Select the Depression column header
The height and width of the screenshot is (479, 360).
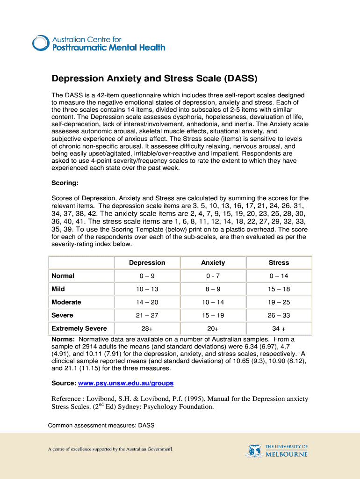tap(147, 262)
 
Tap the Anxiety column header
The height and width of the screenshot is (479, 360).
tap(213, 262)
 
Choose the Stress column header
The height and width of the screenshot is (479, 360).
tap(279, 262)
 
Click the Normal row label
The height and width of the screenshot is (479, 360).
tap(63, 276)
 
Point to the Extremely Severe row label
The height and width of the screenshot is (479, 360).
tap(79, 328)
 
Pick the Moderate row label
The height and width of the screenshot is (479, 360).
tap(66, 302)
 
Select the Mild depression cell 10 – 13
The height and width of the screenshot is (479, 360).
tap(147, 289)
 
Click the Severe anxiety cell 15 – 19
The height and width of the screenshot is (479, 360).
tap(213, 315)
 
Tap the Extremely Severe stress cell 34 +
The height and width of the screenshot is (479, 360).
tap(279, 328)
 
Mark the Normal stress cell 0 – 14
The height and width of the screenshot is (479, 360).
tap(279, 276)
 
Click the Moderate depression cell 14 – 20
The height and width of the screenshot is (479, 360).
tap(147, 302)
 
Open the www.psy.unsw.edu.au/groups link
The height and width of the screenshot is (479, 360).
tap(125, 383)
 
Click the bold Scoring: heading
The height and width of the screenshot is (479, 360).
tap(65, 183)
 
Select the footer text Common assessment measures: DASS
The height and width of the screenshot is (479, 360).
tap(101, 426)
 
